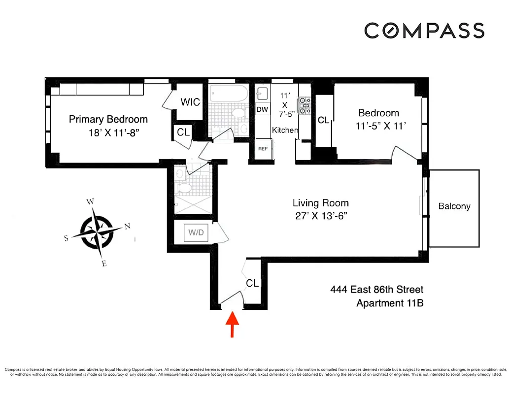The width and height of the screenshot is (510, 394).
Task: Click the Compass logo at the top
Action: tap(424, 31)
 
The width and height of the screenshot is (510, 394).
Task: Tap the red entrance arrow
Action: tap(232, 325)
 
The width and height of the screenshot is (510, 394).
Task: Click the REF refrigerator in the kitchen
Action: tap(262, 148)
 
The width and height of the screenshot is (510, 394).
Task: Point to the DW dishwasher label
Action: tap(262, 109)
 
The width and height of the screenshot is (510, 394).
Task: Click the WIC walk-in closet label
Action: tap(190, 102)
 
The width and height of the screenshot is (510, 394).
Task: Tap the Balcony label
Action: tap(454, 206)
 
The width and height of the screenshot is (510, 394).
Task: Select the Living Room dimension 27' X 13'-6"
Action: tap(320, 216)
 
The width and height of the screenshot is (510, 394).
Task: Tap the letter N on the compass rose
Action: tap(127, 226)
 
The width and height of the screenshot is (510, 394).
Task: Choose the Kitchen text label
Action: tap(285, 130)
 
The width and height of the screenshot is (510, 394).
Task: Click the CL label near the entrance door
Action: tap(252, 283)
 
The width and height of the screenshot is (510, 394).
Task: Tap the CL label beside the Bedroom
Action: tap(323, 120)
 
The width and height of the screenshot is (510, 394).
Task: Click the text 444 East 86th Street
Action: tap(376, 290)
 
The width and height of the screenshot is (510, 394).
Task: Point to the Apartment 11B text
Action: tap(390, 303)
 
